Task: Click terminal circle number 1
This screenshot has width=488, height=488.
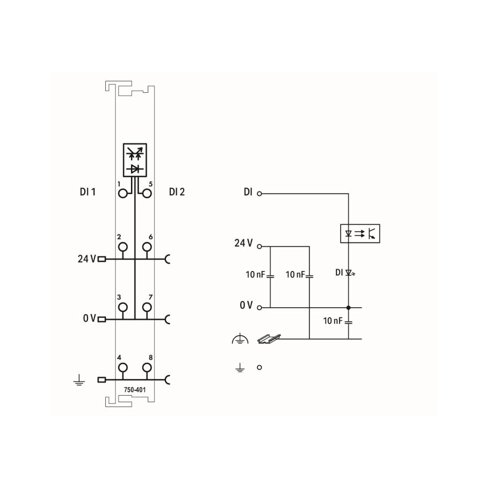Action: (123, 194)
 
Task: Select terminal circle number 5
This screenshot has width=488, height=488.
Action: (147, 194)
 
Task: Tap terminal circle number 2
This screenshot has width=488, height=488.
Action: (123, 247)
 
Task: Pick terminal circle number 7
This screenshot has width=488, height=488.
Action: (147, 307)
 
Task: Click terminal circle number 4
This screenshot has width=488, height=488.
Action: (123, 368)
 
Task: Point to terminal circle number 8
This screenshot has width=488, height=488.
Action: (147, 368)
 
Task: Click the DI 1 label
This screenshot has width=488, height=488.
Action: (88, 192)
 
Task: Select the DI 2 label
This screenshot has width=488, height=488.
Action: (177, 192)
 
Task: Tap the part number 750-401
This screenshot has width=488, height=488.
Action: (135, 389)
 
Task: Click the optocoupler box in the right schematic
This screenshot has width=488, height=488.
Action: (360, 233)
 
